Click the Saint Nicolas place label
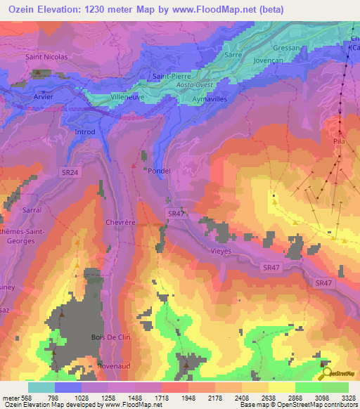(46, 57)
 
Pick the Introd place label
(84, 131)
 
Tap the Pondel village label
(160, 170)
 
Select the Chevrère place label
(100, 221)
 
